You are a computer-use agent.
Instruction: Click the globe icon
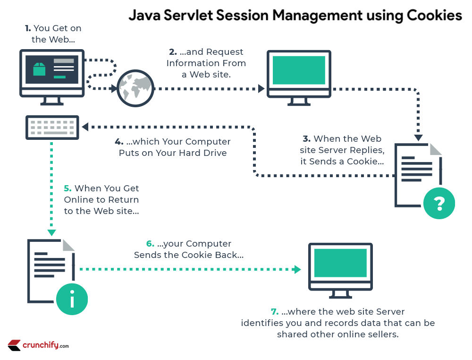click(135, 88)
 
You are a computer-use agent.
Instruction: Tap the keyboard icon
click(52, 128)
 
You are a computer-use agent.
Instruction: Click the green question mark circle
click(439, 204)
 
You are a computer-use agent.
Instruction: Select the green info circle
click(72, 299)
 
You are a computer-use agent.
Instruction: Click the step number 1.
click(28, 28)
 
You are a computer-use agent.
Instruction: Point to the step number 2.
click(173, 51)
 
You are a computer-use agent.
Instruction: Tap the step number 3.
click(306, 139)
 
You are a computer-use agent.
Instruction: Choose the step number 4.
click(119, 142)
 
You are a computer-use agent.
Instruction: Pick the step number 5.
click(67, 188)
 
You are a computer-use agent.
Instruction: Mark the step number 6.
click(150, 244)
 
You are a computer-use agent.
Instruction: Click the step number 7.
click(274, 312)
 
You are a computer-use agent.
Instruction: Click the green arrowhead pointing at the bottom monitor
click(297, 270)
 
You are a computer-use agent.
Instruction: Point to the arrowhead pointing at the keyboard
click(85, 127)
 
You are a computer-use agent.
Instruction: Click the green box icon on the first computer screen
click(39, 69)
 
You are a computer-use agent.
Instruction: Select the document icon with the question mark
click(418, 175)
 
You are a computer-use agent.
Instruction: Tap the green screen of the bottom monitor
click(340, 263)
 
